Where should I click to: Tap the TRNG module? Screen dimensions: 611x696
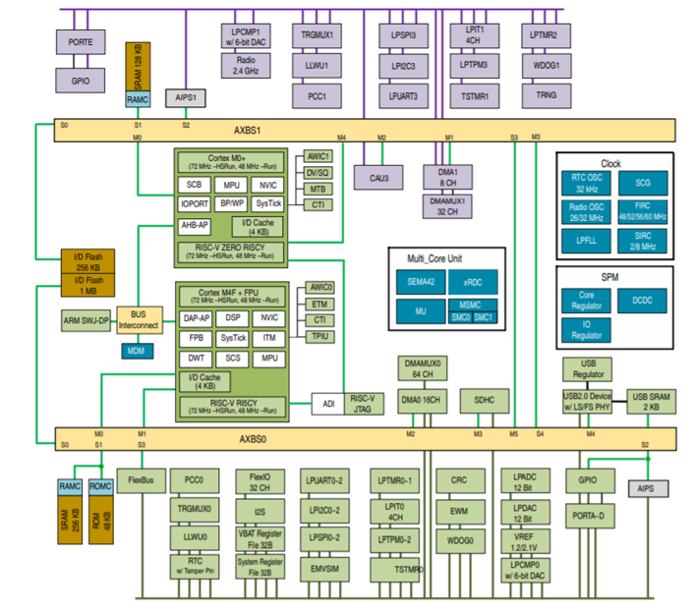[548, 95]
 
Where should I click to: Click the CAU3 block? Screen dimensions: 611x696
[378, 177]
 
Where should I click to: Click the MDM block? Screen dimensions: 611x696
[133, 350]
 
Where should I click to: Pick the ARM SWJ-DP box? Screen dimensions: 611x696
[85, 321]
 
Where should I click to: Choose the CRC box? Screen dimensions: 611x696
[460, 481]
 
